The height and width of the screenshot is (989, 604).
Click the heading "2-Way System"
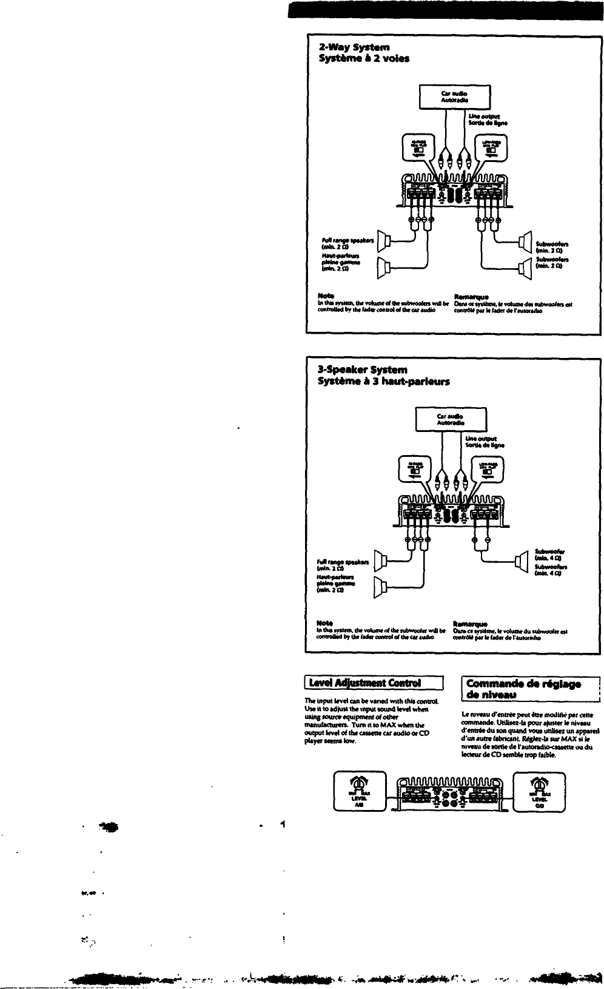[355, 47]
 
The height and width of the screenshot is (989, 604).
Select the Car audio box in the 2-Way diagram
[455, 97]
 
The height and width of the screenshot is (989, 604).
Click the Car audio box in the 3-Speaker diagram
[451, 419]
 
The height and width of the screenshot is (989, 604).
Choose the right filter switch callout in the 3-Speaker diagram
[486, 470]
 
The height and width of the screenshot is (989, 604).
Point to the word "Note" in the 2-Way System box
[325, 296]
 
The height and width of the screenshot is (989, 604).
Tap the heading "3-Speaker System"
[363, 370]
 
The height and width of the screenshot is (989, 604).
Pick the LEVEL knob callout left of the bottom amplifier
[359, 791]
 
